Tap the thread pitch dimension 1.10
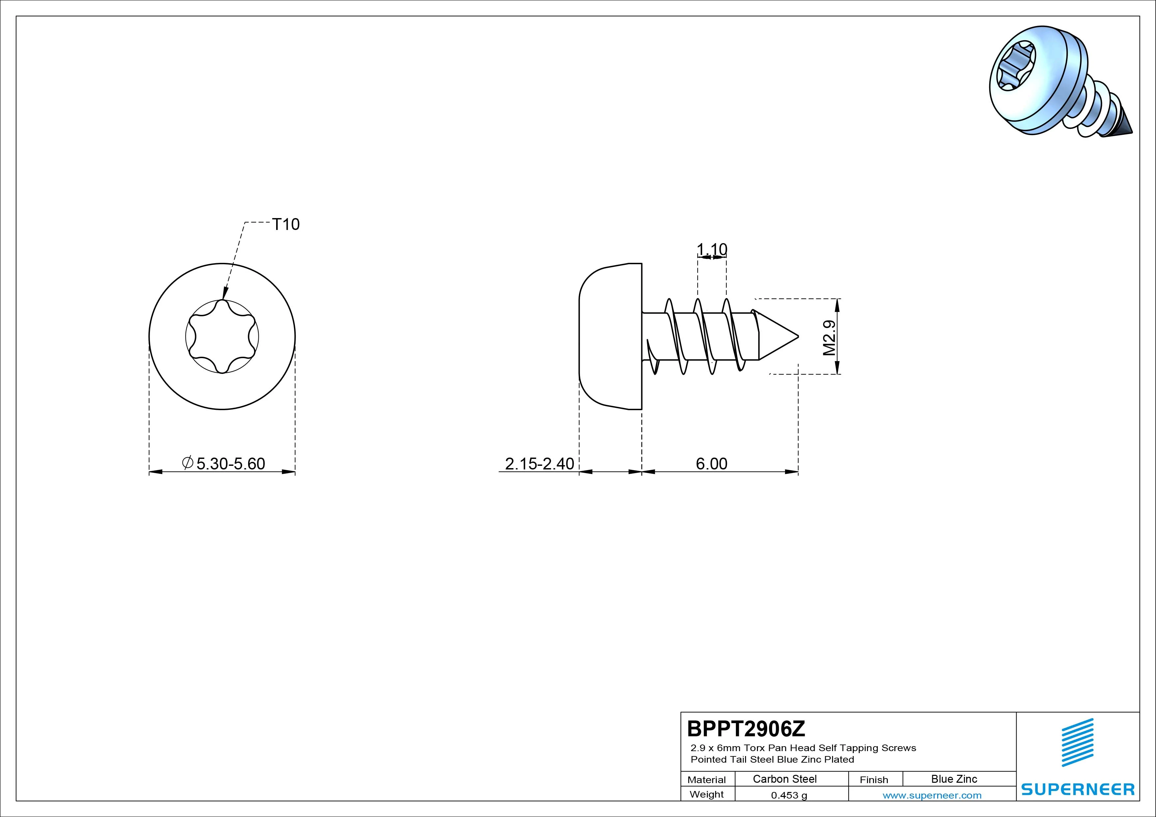tap(712, 249)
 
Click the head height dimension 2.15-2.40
tap(539, 464)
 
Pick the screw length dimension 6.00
tap(711, 464)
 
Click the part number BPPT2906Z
tap(746, 728)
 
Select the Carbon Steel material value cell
tap(784, 779)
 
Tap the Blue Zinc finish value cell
tap(954, 779)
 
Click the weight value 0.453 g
tap(789, 795)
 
